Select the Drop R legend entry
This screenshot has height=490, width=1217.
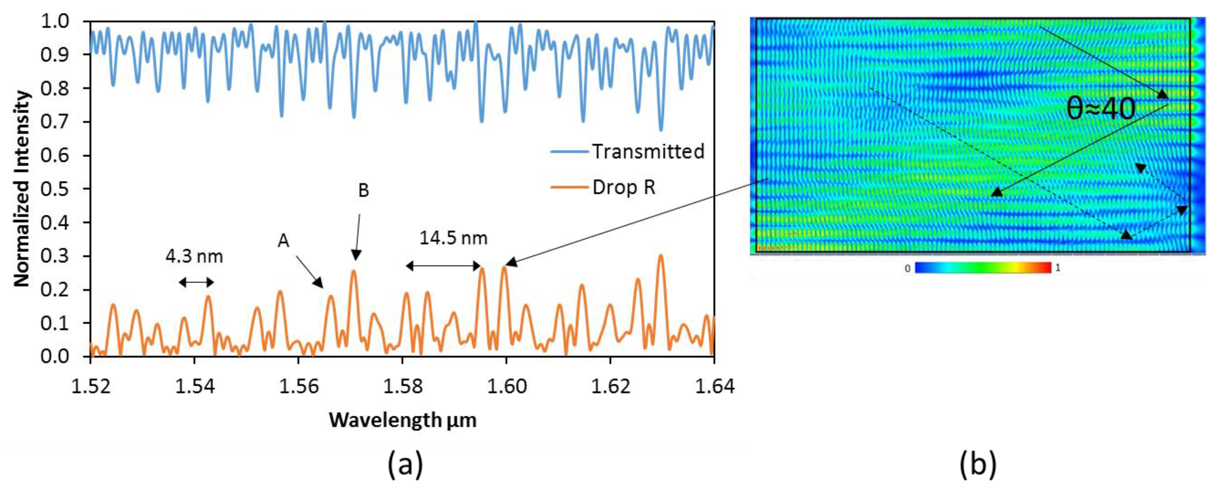624,188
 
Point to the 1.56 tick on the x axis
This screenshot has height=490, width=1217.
298,386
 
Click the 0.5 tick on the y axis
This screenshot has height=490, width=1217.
56,189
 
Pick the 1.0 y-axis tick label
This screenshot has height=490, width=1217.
56,21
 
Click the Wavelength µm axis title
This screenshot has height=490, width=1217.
402,420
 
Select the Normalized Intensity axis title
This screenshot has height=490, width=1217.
22,189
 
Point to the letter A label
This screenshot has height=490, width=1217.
283,241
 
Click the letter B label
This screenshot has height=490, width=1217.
363,190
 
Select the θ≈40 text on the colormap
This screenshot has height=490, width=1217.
1101,109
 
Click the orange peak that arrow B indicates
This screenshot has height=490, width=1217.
353,272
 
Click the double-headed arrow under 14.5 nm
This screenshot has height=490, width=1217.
443,266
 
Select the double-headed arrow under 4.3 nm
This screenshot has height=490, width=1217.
196,283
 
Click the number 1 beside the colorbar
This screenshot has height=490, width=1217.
1057,268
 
